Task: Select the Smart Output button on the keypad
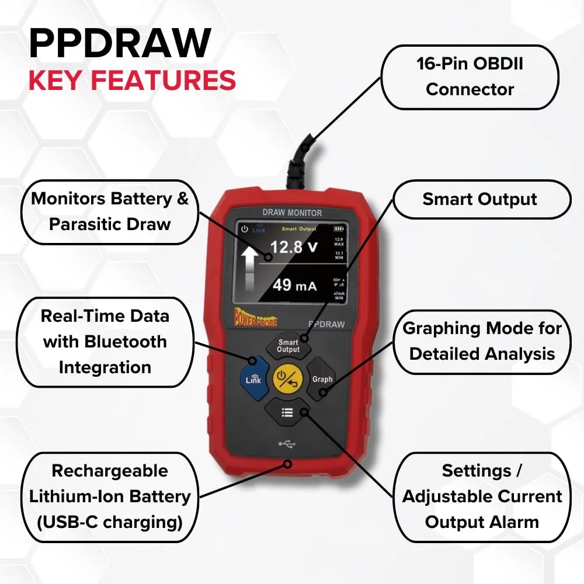[287, 346]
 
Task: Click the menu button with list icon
[287, 412]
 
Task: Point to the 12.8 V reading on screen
[294, 246]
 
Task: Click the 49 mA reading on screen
[294, 286]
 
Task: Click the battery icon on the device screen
[339, 229]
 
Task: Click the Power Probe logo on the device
[256, 319]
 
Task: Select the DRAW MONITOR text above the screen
[292, 213]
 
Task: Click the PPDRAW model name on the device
[326, 324]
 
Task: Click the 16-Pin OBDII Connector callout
[470, 77]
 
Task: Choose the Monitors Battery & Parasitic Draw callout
[110, 211]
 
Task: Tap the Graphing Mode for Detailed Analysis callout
[482, 341]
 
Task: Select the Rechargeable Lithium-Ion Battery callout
[110, 496]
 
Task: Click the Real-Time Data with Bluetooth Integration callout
[105, 342]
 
